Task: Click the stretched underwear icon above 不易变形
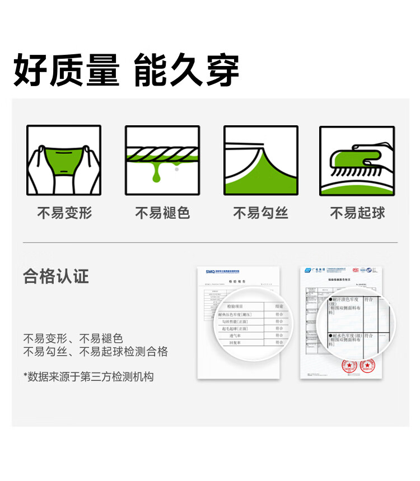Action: point(64,160)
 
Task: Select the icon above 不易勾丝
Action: point(260,160)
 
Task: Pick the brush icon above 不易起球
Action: point(357,160)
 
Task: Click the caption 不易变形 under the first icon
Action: point(64,213)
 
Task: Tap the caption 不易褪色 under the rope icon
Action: point(162,213)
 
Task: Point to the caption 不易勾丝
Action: point(260,213)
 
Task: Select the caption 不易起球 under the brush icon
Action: point(357,213)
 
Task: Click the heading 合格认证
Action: point(56,276)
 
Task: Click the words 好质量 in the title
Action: point(66,70)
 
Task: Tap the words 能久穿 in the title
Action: point(187,70)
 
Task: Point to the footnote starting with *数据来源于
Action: point(88,376)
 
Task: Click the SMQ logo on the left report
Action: point(211,272)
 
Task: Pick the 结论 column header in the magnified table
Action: point(279,306)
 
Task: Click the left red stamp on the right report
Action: point(349,366)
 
